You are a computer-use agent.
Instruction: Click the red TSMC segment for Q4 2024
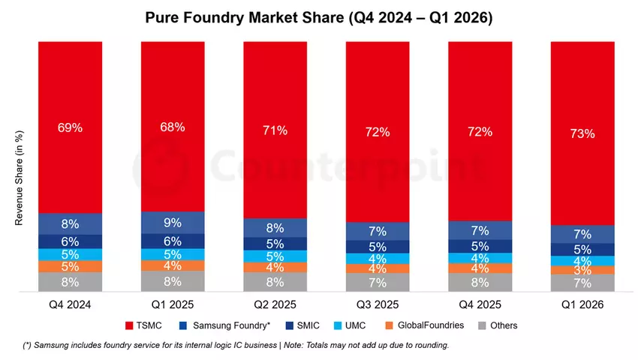click(70, 127)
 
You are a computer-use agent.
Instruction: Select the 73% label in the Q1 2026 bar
click(582, 133)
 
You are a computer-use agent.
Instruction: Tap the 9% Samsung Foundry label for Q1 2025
click(173, 223)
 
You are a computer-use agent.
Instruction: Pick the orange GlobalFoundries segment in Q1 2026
click(582, 270)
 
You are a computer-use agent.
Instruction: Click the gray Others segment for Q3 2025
click(378, 282)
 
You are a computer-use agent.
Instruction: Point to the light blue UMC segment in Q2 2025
click(275, 256)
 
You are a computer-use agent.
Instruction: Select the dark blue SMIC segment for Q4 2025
click(480, 246)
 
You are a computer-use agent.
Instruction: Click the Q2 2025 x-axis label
click(275, 304)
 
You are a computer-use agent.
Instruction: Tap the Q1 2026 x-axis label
click(582, 304)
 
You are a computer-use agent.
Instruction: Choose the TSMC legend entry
click(143, 325)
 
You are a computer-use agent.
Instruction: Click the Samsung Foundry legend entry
click(224, 325)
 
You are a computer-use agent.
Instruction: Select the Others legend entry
click(498, 325)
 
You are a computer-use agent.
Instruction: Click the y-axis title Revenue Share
click(19, 178)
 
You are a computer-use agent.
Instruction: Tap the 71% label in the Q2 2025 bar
click(275, 130)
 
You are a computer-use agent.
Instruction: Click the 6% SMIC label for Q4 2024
click(70, 241)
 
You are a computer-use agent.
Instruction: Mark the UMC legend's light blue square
click(338, 325)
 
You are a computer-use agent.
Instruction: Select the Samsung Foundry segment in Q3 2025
click(378, 231)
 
